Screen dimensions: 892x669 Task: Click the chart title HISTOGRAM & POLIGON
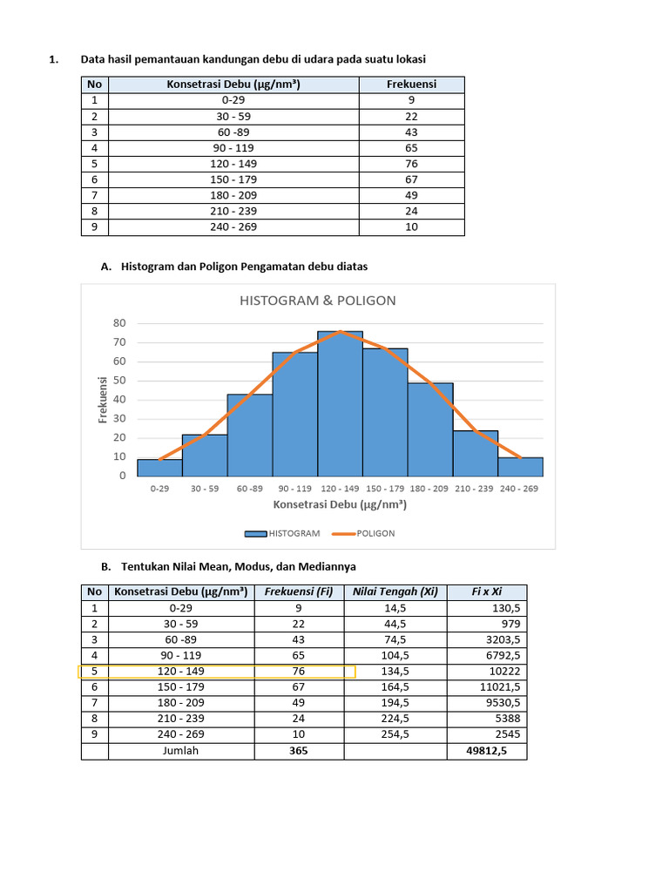click(x=318, y=301)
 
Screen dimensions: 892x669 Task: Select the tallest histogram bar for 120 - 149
click(x=341, y=405)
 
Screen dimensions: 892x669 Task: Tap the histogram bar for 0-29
click(x=159, y=468)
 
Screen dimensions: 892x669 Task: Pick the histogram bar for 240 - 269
click(x=520, y=467)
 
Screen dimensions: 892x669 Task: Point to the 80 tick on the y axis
click(x=119, y=323)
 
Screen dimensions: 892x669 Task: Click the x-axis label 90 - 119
click(x=294, y=489)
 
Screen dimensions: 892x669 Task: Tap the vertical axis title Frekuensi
click(x=103, y=399)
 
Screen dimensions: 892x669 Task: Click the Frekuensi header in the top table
click(x=411, y=84)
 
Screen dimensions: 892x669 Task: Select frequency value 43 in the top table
click(x=411, y=132)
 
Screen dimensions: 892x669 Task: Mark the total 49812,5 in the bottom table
click(x=487, y=750)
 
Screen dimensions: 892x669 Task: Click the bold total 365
click(x=299, y=750)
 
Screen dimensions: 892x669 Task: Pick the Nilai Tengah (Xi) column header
click(x=395, y=592)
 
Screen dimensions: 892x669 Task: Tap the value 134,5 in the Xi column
click(x=395, y=672)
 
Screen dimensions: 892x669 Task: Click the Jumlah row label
click(x=181, y=750)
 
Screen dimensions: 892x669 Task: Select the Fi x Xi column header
click(x=487, y=592)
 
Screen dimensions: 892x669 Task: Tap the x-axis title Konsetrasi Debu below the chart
click(x=341, y=504)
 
